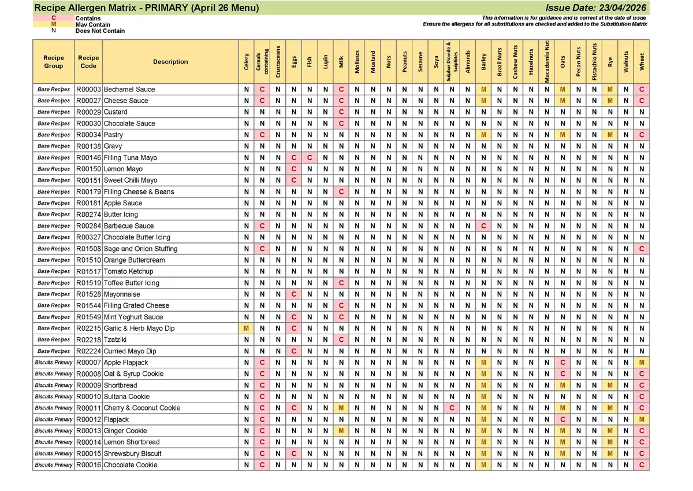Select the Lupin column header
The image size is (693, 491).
click(325, 62)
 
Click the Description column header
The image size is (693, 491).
click(170, 62)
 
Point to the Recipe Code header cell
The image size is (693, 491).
click(88, 62)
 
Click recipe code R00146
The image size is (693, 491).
click(88, 157)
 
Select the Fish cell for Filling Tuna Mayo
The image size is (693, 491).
click(310, 157)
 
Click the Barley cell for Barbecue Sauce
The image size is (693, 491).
click(483, 226)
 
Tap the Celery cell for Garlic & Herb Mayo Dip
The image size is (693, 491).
click(246, 328)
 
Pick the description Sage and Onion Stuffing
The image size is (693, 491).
click(140, 249)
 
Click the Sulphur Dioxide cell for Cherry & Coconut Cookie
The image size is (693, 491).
click(452, 408)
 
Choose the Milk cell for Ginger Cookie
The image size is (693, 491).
click(341, 431)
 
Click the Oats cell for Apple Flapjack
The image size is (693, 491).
click(562, 363)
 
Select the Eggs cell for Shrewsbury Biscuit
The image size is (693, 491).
click(294, 453)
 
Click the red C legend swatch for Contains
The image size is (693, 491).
click(54, 19)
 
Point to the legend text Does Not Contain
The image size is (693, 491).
click(100, 31)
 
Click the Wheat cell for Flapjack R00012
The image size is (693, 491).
click(641, 419)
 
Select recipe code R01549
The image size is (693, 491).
click(88, 317)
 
